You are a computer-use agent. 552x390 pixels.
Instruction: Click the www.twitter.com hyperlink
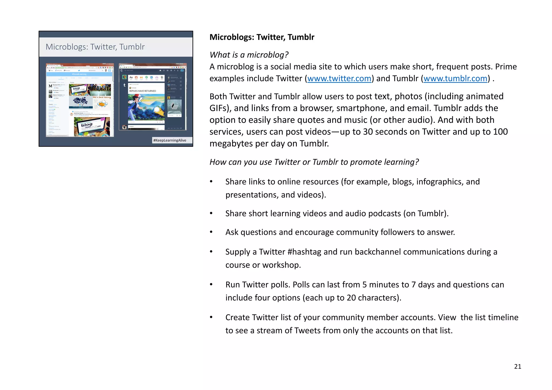click(339, 78)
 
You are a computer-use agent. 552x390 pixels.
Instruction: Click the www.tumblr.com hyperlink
click(455, 78)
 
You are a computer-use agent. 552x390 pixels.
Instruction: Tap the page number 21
click(517, 367)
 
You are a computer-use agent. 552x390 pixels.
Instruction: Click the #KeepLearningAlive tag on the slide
click(170, 140)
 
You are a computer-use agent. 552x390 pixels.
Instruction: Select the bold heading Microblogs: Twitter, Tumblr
click(262, 37)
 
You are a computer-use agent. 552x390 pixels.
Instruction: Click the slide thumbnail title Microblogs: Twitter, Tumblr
click(95, 47)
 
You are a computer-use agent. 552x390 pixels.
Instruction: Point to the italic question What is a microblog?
click(249, 55)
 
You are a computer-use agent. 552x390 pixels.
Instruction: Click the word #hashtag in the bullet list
click(304, 252)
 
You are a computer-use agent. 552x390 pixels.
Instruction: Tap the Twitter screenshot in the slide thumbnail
click(80, 100)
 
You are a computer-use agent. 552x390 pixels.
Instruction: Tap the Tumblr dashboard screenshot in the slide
click(153, 97)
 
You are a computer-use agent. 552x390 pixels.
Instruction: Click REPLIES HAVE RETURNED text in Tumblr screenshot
click(143, 91)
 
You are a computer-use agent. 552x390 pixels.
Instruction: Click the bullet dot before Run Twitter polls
click(211, 285)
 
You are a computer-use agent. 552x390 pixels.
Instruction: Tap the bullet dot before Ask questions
click(211, 232)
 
